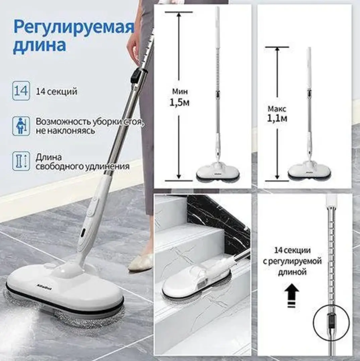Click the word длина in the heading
click(x=39, y=45)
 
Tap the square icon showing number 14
click(x=21, y=91)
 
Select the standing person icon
click(x=21, y=126)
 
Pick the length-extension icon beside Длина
click(x=21, y=161)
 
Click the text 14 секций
click(x=56, y=91)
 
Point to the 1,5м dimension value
click(x=179, y=103)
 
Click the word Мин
click(x=180, y=91)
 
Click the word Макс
click(x=277, y=108)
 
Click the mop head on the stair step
click(x=196, y=282)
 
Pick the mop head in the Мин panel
click(x=218, y=171)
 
